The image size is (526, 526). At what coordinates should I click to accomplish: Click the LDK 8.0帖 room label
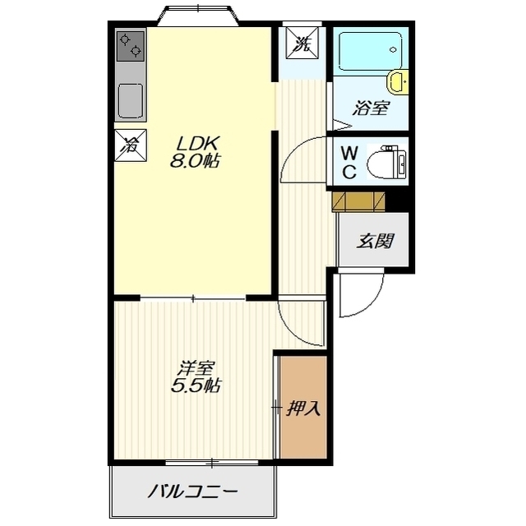coord(196,152)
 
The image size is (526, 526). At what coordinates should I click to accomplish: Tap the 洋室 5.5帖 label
coord(196,376)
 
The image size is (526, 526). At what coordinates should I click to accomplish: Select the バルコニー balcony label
coord(193,492)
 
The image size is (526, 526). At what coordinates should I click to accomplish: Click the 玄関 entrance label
coord(375,241)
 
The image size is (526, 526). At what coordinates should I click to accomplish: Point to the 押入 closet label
coord(303,408)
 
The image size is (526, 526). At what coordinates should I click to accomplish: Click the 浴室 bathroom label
coord(371,108)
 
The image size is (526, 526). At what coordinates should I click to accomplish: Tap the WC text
coord(349,164)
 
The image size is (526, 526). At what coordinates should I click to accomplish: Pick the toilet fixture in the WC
coord(387,163)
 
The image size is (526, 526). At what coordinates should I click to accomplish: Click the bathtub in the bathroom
coord(371,51)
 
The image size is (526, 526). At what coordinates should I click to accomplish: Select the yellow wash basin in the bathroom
coord(398,81)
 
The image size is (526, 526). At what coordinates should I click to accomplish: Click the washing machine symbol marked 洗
coord(302,44)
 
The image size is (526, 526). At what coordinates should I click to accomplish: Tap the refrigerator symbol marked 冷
coord(131,145)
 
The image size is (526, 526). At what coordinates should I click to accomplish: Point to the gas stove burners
coord(131,46)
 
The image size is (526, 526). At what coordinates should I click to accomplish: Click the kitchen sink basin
coord(131,100)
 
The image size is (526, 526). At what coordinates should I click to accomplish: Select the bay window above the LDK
coord(198,15)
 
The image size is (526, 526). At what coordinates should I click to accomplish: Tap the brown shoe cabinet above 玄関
coord(358,202)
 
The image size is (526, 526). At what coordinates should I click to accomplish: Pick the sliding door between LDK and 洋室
coord(193,298)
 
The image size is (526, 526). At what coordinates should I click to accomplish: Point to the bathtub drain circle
coord(393,50)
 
